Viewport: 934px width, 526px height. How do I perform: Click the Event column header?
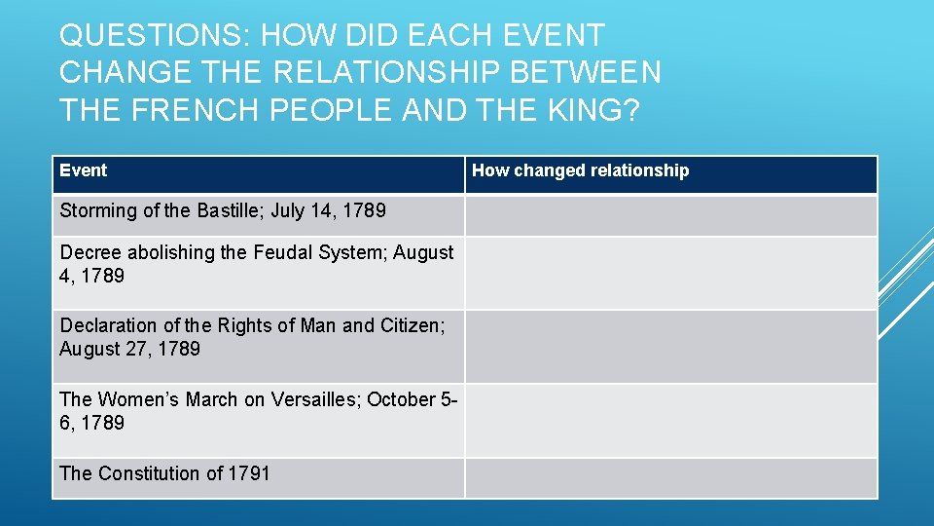pos(84,170)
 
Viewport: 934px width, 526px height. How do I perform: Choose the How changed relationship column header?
pos(580,170)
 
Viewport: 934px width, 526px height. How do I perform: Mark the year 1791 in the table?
pos(249,473)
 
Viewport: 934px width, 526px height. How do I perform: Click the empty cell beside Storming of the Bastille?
pos(670,215)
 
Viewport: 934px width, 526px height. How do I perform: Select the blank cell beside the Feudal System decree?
pos(670,273)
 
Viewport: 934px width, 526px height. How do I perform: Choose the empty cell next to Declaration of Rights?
pos(670,346)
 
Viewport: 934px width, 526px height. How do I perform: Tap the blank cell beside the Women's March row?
pos(670,420)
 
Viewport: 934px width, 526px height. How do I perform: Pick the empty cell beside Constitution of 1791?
pos(670,478)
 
